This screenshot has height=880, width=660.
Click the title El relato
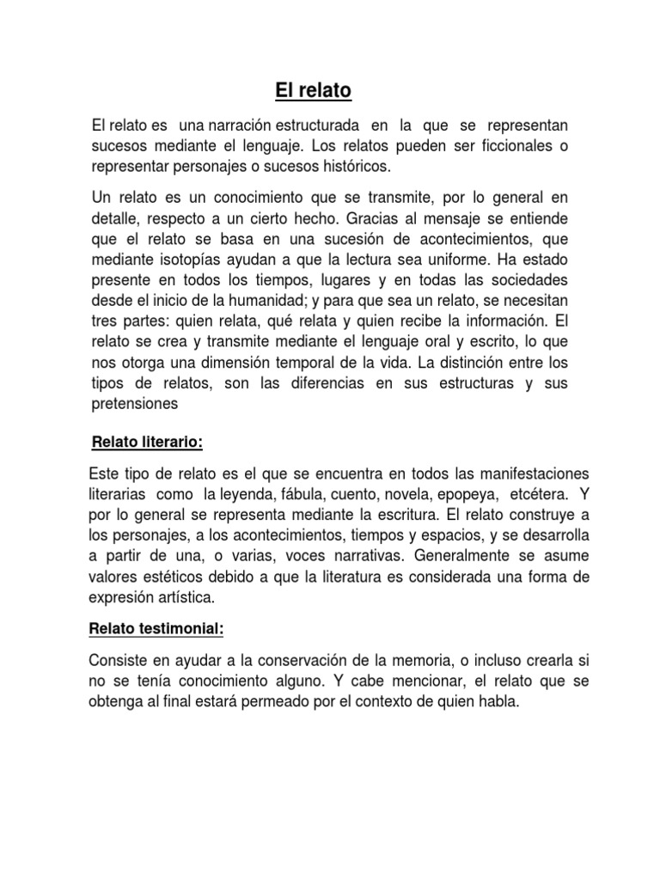314,89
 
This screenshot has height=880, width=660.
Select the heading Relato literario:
147,442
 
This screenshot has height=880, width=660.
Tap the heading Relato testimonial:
156,629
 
